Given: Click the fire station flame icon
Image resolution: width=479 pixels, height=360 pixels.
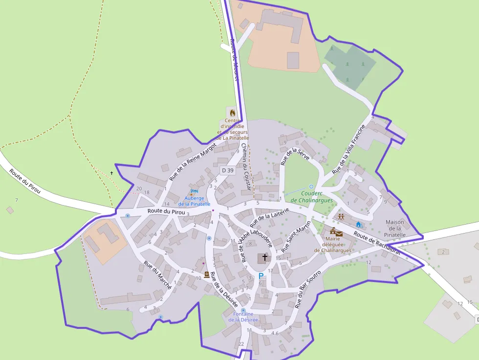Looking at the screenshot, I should click(x=233, y=113).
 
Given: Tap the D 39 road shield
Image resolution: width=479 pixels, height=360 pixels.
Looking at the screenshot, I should click(x=227, y=170).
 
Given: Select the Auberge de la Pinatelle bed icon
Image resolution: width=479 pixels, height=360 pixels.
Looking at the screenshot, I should click(x=194, y=192).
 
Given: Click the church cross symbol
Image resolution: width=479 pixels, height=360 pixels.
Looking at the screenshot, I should click(x=265, y=257).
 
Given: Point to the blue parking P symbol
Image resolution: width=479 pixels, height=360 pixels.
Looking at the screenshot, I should click(x=261, y=276).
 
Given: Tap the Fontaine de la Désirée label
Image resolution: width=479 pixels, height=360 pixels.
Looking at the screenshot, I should click(x=243, y=317).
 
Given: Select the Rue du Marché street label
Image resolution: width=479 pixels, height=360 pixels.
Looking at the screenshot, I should click(x=157, y=275).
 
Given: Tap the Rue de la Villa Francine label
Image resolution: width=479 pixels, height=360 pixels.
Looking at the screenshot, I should click(x=348, y=149).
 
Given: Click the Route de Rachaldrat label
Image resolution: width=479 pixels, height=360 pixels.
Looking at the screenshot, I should click(x=377, y=243).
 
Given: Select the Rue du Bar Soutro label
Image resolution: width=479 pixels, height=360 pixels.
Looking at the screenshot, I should click(x=307, y=289).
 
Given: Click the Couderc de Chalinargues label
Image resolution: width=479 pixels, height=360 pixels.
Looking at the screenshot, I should click(x=311, y=197).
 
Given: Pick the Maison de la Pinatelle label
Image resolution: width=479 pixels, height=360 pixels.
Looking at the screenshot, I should click(x=395, y=229).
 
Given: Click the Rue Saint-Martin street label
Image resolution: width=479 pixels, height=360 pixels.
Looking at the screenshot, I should click(x=296, y=237).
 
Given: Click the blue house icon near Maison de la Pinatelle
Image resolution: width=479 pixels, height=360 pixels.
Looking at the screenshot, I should click(x=358, y=224).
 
